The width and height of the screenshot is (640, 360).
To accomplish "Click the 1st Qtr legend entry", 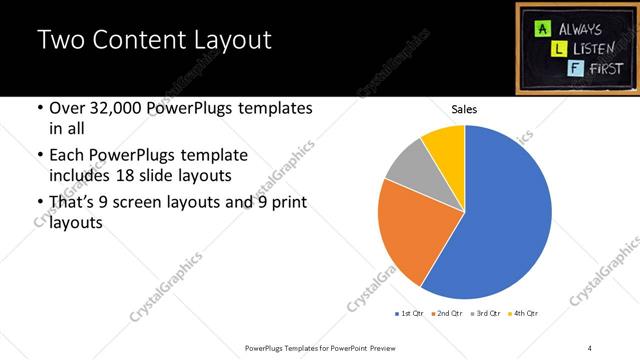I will tap(409, 314).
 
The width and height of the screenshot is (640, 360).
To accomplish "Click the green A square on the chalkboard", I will tap(539, 28).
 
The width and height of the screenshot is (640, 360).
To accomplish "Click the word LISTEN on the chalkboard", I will tap(593, 48).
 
